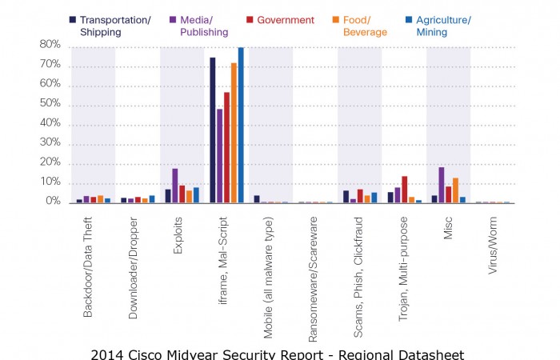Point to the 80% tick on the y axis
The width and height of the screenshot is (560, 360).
tap(50, 46)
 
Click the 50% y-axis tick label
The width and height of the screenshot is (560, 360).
tap(50, 104)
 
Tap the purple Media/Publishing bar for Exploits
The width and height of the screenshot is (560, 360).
tap(175, 186)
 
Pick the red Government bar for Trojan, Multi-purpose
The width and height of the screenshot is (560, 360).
tap(405, 190)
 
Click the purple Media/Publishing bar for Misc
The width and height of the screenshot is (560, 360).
tap(442, 185)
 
